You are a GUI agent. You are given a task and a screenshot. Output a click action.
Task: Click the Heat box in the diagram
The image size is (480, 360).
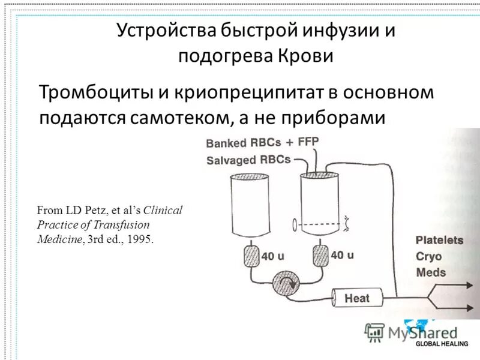pyautogui.click(x=357, y=297)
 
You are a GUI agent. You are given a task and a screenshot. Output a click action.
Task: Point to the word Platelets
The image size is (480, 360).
pyautogui.click(x=439, y=240)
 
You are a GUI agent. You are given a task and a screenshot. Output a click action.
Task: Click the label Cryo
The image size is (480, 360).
pyautogui.click(x=430, y=256)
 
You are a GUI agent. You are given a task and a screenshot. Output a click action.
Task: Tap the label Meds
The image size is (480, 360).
pyautogui.click(x=431, y=272)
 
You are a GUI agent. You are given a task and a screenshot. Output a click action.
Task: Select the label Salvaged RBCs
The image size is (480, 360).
pyautogui.click(x=248, y=160)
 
